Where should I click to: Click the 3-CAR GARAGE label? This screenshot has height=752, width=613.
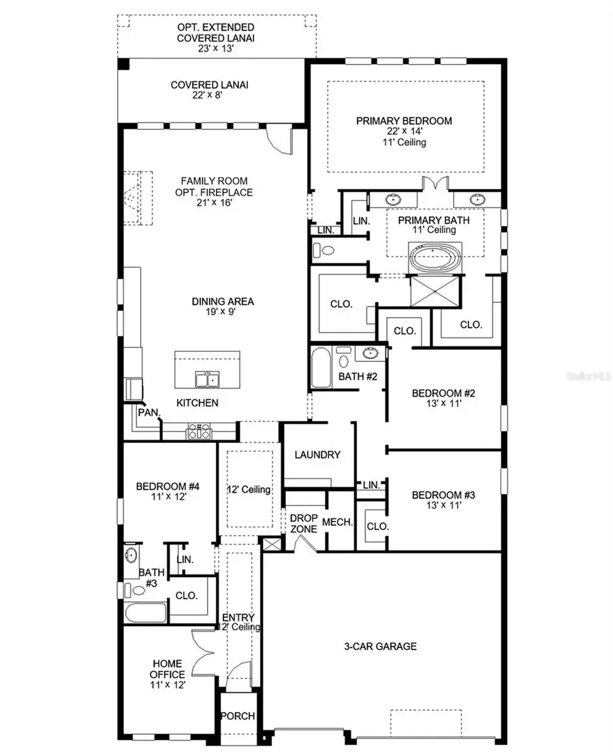point(380,646)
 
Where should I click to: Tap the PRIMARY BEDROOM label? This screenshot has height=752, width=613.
point(404,121)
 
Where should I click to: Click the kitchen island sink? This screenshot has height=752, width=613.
point(206,378)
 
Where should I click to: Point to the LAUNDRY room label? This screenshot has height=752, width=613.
point(317,455)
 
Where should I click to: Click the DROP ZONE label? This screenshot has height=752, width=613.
point(304,523)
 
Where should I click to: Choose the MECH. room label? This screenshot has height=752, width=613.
point(338,523)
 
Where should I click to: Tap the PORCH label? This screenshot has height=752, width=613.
point(237,716)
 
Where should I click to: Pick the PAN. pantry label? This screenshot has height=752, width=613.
point(148,412)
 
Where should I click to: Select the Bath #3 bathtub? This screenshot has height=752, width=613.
point(145,611)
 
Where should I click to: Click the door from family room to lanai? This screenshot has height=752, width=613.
point(280,141)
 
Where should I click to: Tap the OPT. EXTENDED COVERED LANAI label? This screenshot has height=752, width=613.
point(216,33)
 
